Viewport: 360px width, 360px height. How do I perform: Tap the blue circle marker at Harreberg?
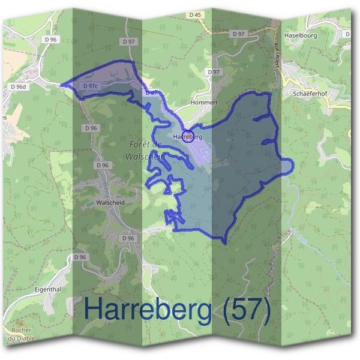point(188,136)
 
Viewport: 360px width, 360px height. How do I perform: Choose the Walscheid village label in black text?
point(110,203)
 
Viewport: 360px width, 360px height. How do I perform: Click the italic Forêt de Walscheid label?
point(145,150)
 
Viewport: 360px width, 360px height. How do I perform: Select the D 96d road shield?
point(19,86)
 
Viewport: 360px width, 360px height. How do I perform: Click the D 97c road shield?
point(90,86)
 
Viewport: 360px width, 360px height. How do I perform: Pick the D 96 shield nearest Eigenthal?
point(80,257)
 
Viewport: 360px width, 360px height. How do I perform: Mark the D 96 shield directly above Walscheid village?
point(102,165)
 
